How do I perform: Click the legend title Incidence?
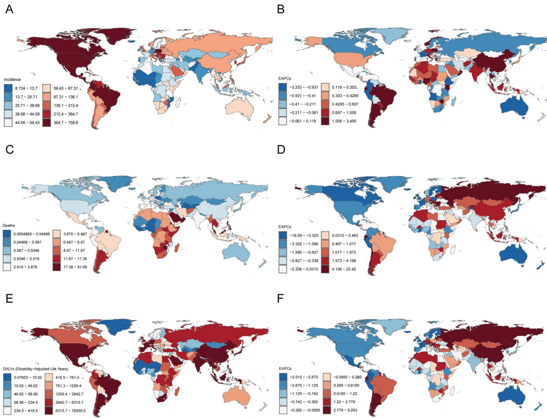pyautogui.click(x=12, y=80)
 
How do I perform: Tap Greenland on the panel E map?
pyautogui.click(x=119, y=319)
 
